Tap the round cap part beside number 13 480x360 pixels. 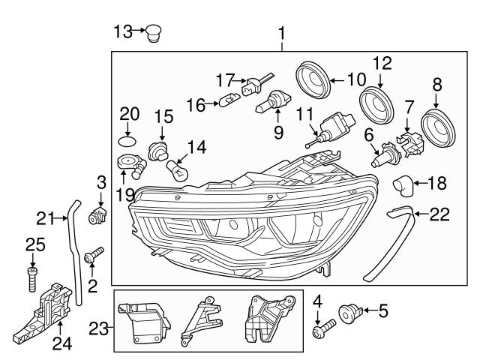click(x=155, y=32)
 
